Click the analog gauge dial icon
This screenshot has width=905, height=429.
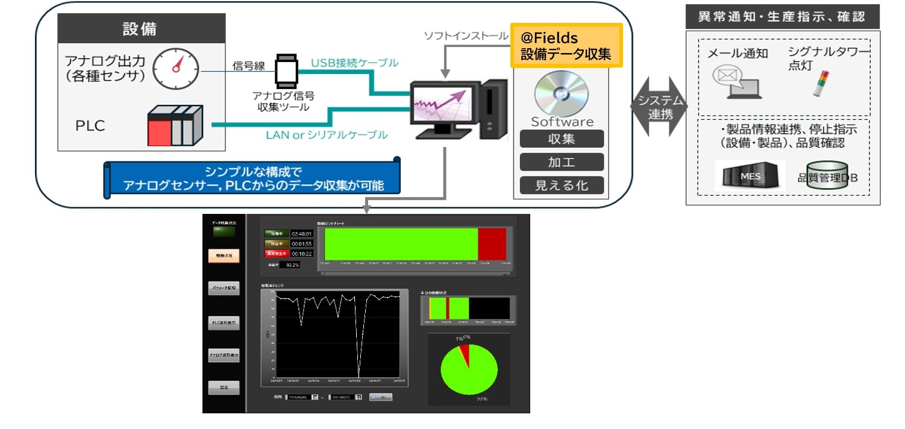pos(175,68)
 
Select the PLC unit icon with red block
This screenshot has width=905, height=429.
pos(175,125)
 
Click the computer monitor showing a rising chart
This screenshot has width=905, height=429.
pos(442,105)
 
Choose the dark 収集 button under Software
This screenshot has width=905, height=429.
pos(562,139)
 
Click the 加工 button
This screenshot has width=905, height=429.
pos(562,161)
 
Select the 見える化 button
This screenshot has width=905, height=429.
pos(562,185)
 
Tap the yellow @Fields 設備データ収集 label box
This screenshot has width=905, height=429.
pos(566,46)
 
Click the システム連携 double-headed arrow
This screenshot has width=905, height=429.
pos(659,106)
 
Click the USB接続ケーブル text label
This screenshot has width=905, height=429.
pos(354,63)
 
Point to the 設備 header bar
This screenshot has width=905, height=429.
pos(141,28)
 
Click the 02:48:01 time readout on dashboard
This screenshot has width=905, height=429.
pos(302,233)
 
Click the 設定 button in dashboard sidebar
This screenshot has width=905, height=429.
pos(224,387)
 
